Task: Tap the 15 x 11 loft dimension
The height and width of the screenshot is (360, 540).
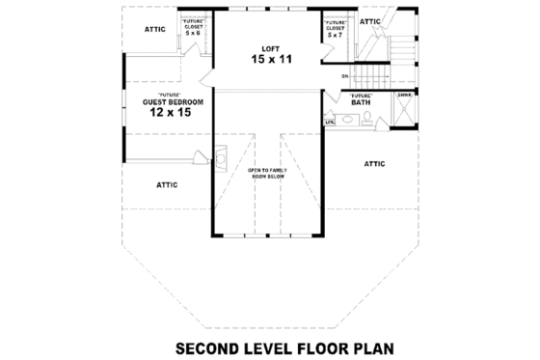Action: point(271,60)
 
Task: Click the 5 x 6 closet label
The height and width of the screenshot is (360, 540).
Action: point(193,33)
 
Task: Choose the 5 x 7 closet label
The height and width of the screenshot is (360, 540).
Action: point(336,37)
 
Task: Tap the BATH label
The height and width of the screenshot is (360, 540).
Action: point(361,102)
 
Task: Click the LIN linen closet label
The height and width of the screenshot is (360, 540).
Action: point(330,122)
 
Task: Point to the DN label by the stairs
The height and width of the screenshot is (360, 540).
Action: point(344,75)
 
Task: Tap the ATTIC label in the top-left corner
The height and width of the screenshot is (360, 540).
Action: point(155,29)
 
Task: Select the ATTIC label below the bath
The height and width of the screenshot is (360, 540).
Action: point(375,164)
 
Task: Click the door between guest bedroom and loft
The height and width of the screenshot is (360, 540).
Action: point(207,77)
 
